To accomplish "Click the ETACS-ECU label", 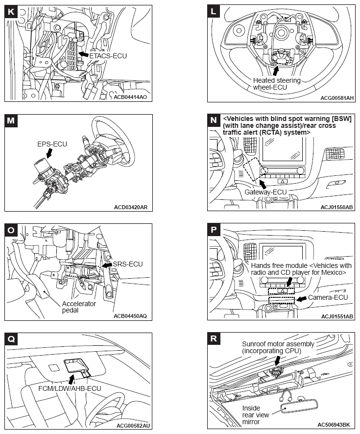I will [x=108, y=56].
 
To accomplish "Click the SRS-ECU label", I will [x=127, y=264].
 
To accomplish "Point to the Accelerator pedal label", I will [x=79, y=307].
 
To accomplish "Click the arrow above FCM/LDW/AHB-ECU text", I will [x=72, y=379].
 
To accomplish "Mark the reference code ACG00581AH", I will [x=336, y=98].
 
